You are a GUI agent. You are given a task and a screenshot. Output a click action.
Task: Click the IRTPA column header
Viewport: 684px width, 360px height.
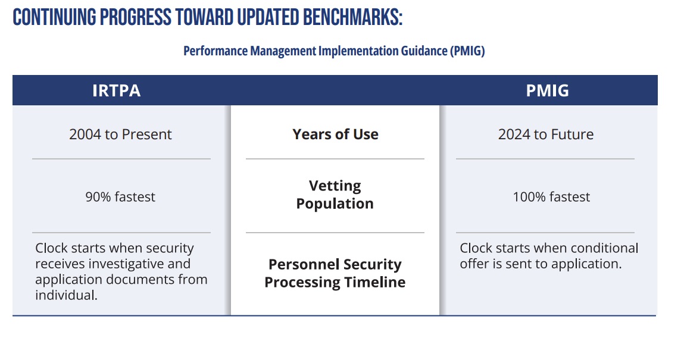116,90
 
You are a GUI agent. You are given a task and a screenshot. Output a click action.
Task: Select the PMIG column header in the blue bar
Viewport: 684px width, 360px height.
547,90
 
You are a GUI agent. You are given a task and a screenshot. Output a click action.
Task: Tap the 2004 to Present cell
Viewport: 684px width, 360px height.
120,134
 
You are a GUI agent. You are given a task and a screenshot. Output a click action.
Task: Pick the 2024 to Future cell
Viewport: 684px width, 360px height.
545,134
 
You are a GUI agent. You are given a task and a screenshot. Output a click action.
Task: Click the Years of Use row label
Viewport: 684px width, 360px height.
335,134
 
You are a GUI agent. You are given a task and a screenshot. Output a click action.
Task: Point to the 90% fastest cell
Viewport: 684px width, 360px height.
120,197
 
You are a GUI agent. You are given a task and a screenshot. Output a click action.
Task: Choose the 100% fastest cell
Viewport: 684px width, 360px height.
551,197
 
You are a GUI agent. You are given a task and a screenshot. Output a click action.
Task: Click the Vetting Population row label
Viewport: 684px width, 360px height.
335,195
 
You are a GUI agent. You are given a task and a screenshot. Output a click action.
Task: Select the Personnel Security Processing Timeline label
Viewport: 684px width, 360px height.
335,273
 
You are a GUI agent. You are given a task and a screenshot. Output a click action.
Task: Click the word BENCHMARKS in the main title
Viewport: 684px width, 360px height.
347,17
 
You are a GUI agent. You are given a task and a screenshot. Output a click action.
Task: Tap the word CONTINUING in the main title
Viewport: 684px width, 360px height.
54,17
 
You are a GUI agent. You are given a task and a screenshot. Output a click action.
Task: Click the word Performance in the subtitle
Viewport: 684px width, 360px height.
215,51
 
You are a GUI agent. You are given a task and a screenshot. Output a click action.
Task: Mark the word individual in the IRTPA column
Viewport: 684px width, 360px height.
66,295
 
